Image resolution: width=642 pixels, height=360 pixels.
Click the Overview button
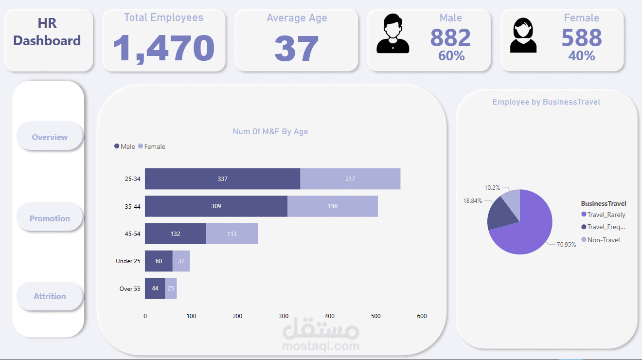coord(50,137)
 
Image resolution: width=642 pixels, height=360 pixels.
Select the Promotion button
coord(50,218)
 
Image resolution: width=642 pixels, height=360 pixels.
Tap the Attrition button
coord(50,296)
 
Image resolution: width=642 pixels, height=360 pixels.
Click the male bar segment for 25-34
coord(222,179)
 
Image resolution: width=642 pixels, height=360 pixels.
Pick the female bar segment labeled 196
coord(333,206)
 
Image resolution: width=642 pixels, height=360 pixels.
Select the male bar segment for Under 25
coord(159,261)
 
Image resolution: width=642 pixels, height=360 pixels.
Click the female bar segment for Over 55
coord(171,288)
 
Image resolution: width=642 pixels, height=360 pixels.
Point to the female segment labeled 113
coord(232,234)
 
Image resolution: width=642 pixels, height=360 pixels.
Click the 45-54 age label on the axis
coord(132,234)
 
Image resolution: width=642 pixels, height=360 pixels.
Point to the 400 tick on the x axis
coord(329,316)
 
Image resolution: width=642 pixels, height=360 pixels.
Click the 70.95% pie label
coord(566,245)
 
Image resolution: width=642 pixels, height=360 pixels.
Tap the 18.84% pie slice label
coord(473,200)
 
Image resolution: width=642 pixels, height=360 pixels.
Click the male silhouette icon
coord(393,34)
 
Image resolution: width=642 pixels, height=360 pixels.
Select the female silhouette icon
coord(523,35)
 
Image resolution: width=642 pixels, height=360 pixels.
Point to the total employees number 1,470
coord(163,48)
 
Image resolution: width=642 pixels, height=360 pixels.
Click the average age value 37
coord(296,48)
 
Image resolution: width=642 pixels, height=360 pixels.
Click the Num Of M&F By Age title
coord(270,131)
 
